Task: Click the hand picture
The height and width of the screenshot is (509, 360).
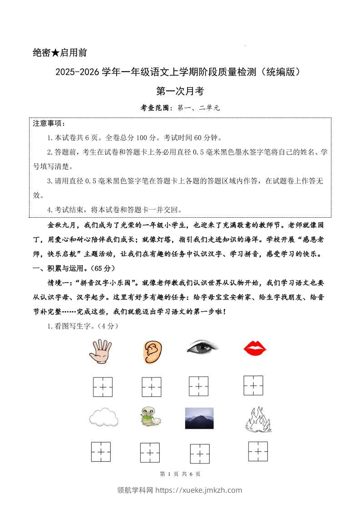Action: tap(99, 352)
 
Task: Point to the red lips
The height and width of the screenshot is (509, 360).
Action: tap(255, 349)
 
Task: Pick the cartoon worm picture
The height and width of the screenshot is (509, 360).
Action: tap(150, 416)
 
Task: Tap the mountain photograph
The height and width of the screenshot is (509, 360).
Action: tap(199, 418)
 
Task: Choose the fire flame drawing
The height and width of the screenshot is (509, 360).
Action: tap(258, 419)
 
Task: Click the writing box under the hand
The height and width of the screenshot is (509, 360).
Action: tap(103, 387)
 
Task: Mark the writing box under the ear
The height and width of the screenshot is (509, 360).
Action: tap(151, 387)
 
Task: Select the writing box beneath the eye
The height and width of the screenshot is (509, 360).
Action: tap(199, 387)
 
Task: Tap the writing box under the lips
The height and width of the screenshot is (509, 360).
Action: tap(253, 385)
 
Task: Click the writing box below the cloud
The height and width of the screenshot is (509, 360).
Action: tap(101, 452)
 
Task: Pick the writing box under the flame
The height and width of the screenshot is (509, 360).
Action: tap(258, 451)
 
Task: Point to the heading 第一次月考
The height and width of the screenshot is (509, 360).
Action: tap(180, 91)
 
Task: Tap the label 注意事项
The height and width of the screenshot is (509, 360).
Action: tap(49, 123)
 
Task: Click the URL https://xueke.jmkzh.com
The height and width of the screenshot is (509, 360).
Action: tap(199, 490)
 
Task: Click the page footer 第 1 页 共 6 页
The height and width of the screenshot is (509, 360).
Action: tap(180, 474)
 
